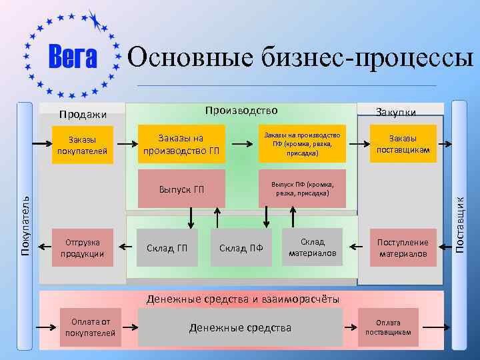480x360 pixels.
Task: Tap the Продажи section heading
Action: pyautogui.click(x=83, y=115)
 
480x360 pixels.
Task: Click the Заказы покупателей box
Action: pyautogui.click(x=83, y=145)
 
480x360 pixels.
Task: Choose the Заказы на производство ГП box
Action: pyautogui.click(x=181, y=143)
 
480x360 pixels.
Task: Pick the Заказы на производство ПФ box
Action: pyautogui.click(x=302, y=143)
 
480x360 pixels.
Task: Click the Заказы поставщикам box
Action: pyautogui.click(x=405, y=144)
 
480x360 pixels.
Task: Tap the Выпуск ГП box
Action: pyautogui.click(x=181, y=189)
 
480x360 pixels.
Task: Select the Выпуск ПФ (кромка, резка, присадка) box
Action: pyautogui.click(x=302, y=189)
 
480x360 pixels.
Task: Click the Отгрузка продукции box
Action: pyautogui.click(x=83, y=247)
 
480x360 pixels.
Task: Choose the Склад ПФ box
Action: pyautogui.click(x=241, y=248)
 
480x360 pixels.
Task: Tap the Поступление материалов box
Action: pyautogui.click(x=403, y=247)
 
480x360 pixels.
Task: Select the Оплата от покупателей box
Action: pyautogui.click(x=90, y=327)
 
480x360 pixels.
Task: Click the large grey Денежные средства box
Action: pyautogui.click(x=241, y=327)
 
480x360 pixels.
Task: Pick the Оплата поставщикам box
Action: pyautogui.click(x=387, y=327)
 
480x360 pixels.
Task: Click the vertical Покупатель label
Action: pyautogui.click(x=25, y=225)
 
